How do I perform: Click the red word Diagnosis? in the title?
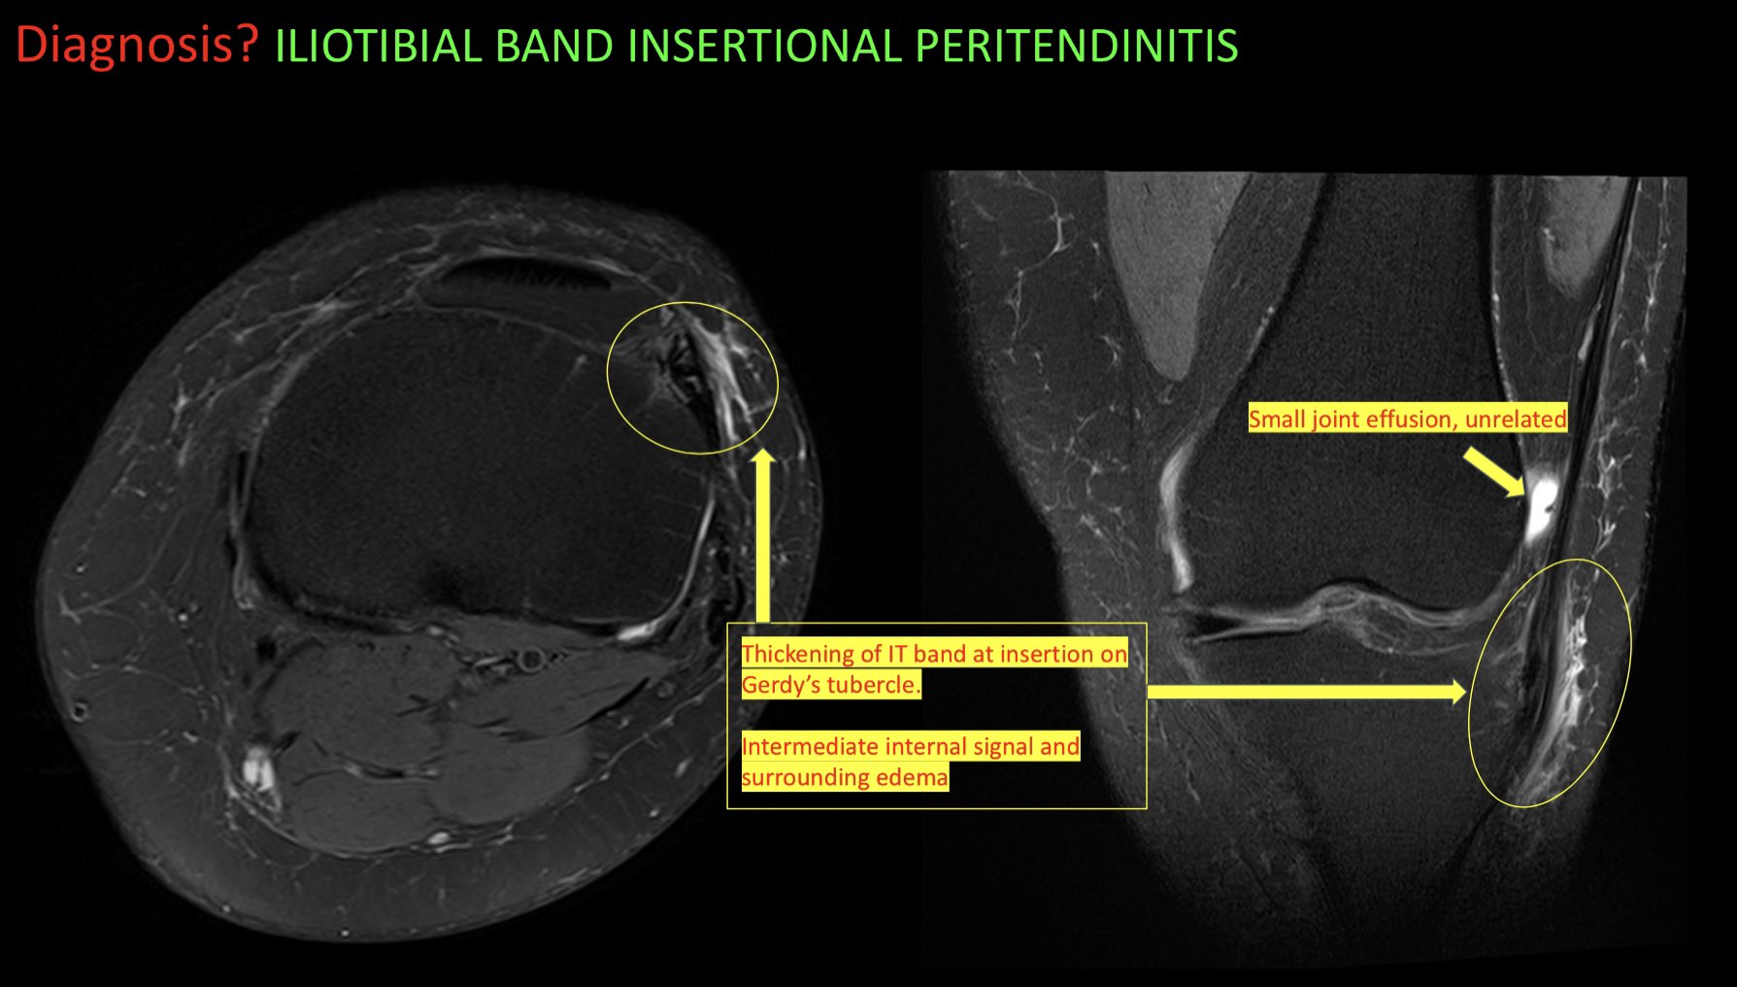point(137,46)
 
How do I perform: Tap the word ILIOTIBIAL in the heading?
point(378,47)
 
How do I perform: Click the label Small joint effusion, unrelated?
point(1407,419)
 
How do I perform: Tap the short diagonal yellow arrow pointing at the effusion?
point(1493,472)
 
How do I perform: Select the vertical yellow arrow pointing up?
point(763,534)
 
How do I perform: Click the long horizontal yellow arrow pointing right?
point(1306,692)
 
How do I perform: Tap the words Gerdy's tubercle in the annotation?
point(830,685)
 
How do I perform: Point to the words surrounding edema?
point(844,777)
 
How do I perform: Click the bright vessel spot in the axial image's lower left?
point(256,767)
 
